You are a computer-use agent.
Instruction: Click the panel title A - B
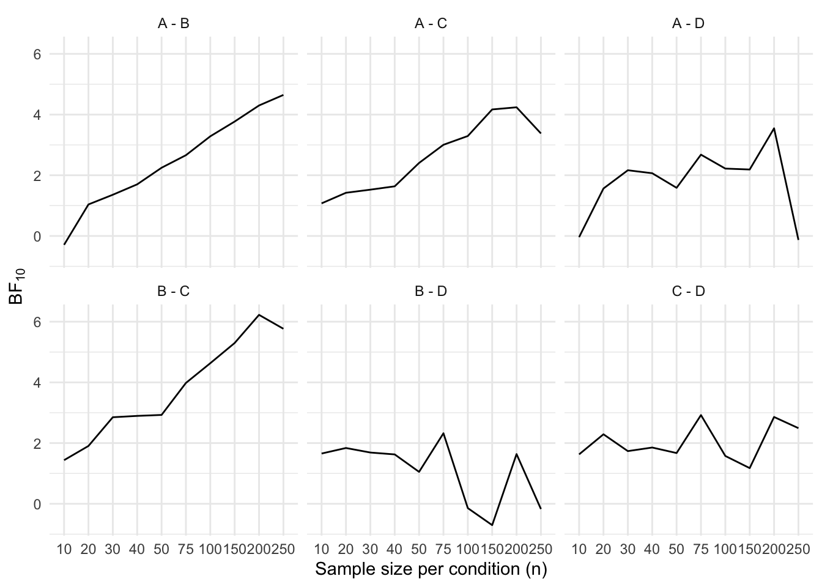pos(174,24)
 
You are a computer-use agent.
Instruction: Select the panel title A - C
pos(431,24)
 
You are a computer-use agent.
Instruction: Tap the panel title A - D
pos(689,24)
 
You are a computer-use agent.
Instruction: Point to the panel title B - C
pos(174,291)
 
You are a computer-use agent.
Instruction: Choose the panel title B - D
pos(431,291)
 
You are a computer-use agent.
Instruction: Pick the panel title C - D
pos(689,291)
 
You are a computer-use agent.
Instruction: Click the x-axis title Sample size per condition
pos(431,569)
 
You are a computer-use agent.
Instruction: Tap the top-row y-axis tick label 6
pos(37,54)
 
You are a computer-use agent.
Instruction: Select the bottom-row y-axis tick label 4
pos(37,383)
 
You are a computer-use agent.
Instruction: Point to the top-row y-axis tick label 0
pos(37,237)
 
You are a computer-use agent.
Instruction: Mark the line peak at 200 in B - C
pos(259,315)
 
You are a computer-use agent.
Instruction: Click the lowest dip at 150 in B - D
pos(492,525)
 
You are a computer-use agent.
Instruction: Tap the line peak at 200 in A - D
pos(774,128)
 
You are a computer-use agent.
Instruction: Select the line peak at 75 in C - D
pos(701,415)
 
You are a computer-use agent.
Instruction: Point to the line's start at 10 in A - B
pos(64,245)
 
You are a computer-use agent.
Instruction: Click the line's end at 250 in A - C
pos(541,133)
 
